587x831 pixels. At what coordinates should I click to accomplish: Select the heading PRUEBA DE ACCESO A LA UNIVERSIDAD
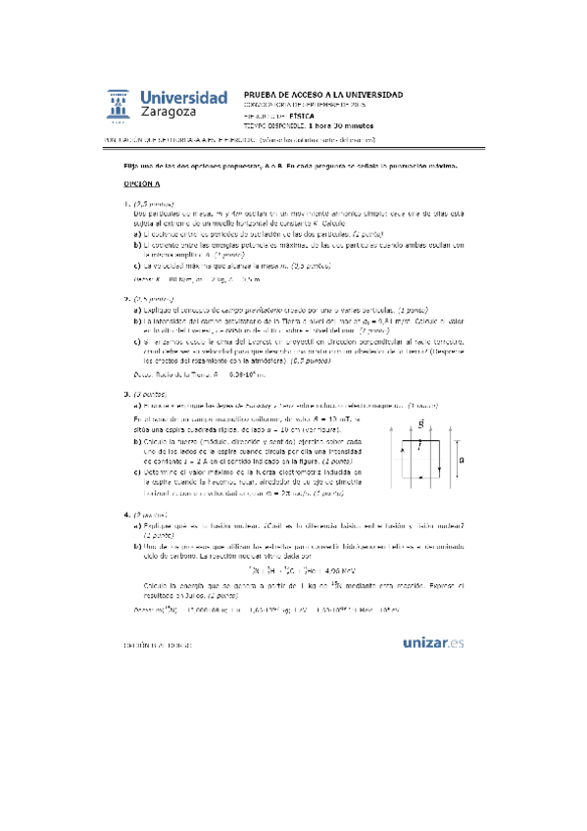pyautogui.click(x=322, y=93)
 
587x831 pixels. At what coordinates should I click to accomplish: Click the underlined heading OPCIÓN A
pyautogui.click(x=141, y=183)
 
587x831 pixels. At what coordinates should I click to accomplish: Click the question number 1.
pyautogui.click(x=125, y=204)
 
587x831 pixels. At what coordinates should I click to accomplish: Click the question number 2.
pyautogui.click(x=125, y=298)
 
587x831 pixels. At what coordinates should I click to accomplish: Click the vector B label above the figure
pyautogui.click(x=419, y=397)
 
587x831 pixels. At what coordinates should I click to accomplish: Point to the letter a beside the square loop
pyautogui.click(x=462, y=430)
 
